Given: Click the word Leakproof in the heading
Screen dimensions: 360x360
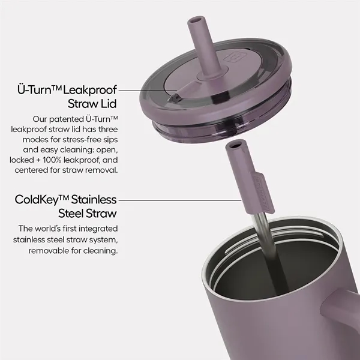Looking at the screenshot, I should [x=89, y=90].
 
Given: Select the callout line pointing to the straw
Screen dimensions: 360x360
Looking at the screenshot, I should [x=180, y=200].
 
